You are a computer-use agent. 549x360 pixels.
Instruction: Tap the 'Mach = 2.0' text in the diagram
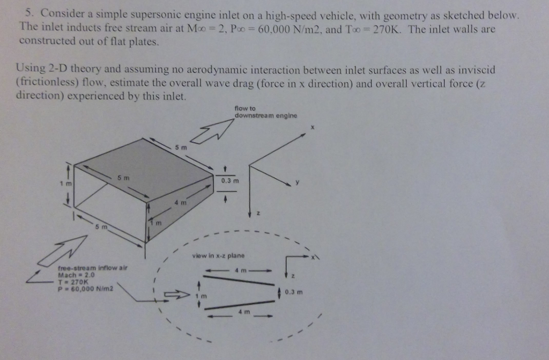(77, 275)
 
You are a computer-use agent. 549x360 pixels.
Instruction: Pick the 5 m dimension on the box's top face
(123, 178)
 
